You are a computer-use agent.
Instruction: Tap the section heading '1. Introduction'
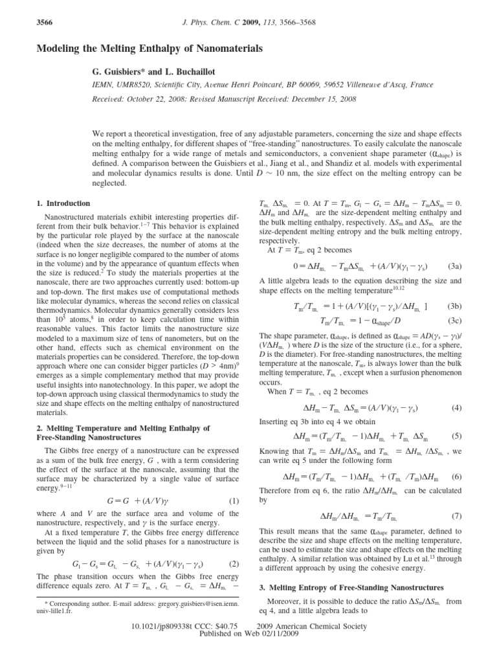pos(63,203)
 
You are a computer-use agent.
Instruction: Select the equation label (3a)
pos(454,265)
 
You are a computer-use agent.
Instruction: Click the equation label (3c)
pos(454,320)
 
